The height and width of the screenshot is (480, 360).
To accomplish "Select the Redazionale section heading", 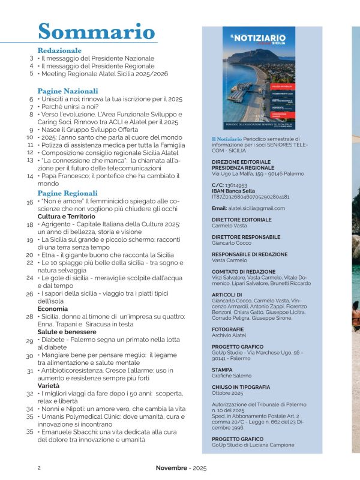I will [59, 50].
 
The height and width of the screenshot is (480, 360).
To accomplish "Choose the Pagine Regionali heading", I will [67, 193].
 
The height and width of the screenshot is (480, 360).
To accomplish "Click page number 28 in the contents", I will [29, 316].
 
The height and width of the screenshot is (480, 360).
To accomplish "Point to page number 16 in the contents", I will [29, 203].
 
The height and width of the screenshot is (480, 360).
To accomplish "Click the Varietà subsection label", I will [50, 386].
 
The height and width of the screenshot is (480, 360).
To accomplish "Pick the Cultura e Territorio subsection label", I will [66, 215].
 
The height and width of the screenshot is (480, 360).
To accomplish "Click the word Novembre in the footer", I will [172, 467].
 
